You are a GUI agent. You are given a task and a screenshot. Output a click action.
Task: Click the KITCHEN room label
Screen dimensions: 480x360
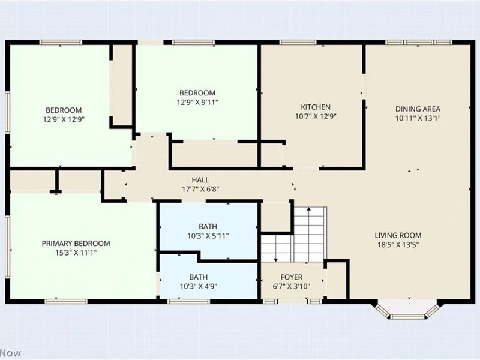pyautogui.click(x=316, y=107)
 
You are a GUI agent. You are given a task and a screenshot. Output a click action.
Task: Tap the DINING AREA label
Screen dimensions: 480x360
pyautogui.click(x=418, y=109)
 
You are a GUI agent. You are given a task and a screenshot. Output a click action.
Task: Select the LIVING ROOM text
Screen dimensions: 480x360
pyautogui.click(x=398, y=235)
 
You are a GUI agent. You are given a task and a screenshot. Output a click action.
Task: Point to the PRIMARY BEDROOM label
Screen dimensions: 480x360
pyautogui.click(x=76, y=244)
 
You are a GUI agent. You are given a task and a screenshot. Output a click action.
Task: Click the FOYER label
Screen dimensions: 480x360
pyautogui.click(x=292, y=277)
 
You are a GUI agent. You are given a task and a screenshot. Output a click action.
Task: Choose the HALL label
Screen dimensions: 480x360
pyautogui.click(x=200, y=180)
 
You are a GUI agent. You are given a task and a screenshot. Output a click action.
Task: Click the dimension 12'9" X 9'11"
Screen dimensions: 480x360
pyautogui.click(x=197, y=102)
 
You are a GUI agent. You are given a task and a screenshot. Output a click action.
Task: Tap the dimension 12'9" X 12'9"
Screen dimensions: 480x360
pyautogui.click(x=64, y=119)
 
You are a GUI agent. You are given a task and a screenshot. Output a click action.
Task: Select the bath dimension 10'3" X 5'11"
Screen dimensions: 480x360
pyautogui.click(x=208, y=236)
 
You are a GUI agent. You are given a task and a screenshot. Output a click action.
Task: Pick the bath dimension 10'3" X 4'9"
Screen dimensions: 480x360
pyautogui.click(x=199, y=287)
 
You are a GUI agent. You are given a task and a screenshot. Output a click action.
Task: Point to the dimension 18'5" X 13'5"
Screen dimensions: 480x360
pyautogui.click(x=398, y=245)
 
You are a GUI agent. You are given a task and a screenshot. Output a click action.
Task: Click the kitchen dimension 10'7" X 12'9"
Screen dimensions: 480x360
pyautogui.click(x=316, y=116)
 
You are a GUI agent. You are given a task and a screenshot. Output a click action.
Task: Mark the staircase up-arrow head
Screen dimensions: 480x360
pyautogui.click(x=309, y=209)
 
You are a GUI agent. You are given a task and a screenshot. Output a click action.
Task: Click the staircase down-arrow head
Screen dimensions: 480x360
pyautogui.click(x=276, y=260)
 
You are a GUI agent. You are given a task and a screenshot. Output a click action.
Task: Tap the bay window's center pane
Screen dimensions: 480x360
pyautogui.click(x=407, y=316)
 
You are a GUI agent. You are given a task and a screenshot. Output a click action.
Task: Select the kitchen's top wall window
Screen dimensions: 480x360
pyautogui.click(x=298, y=42)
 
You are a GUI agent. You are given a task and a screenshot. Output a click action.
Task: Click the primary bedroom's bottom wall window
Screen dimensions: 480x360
pyautogui.click(x=66, y=302)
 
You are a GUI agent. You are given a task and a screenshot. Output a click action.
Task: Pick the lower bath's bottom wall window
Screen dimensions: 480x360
pyautogui.click(x=188, y=302)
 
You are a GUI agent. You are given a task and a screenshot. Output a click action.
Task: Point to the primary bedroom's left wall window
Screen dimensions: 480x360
pyautogui.click(x=7, y=247)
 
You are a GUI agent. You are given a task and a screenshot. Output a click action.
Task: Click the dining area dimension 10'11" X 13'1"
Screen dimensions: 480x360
pyautogui.click(x=418, y=118)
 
